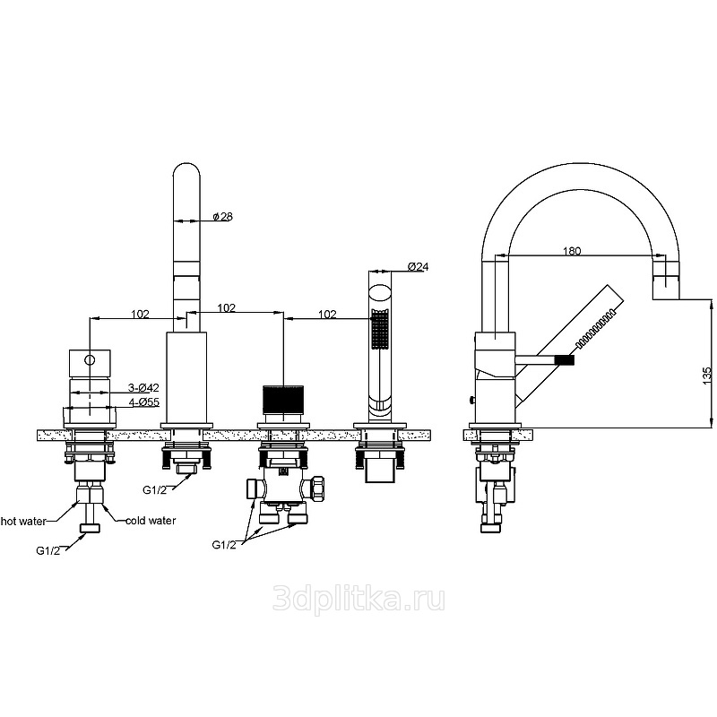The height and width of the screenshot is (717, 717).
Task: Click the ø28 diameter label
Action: (x=222, y=216)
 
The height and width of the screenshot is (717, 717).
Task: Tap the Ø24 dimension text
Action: (x=418, y=266)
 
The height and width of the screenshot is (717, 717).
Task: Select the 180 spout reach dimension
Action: (x=572, y=251)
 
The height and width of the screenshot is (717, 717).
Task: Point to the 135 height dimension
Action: (x=707, y=375)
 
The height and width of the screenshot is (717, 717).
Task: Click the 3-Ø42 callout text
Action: (x=143, y=388)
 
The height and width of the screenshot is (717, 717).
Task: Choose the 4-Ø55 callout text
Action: (x=143, y=402)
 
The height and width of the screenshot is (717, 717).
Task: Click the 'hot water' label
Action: (x=23, y=522)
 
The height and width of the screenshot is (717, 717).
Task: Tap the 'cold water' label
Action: (x=151, y=521)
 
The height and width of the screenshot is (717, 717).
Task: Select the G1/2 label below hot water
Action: (x=48, y=551)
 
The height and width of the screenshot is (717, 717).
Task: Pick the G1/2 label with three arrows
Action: (x=224, y=545)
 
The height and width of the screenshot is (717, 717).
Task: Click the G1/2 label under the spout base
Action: (x=154, y=489)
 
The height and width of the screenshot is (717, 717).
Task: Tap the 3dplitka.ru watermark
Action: (x=358, y=599)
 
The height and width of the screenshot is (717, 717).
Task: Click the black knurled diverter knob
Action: (x=283, y=399)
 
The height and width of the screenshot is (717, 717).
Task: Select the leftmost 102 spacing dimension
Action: (x=140, y=315)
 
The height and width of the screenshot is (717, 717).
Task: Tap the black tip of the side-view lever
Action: (x=565, y=360)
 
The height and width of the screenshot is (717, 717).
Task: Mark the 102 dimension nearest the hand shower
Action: (x=327, y=315)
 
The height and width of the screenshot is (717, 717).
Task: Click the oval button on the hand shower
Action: (x=379, y=293)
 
